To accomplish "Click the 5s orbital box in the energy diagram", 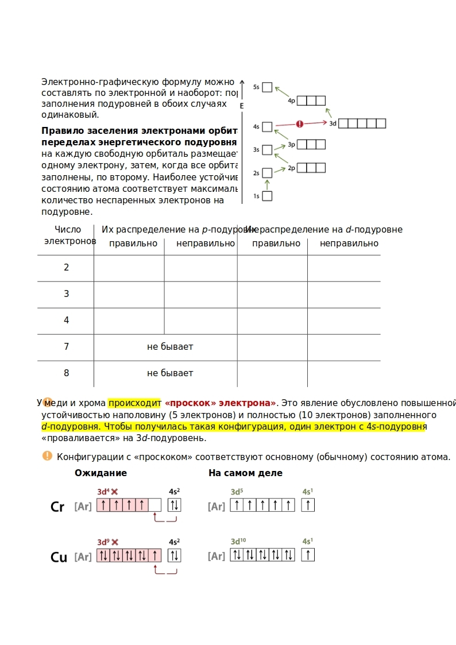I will [267, 87].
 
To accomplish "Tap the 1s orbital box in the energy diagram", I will [267, 196].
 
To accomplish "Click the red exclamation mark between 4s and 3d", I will [299, 124].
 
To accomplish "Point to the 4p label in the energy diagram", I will [292, 101].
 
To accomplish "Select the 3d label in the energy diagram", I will [333, 123].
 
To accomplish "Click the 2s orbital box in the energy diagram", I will [267, 173].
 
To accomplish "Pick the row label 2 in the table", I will [66, 268].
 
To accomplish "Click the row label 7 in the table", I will [66, 347].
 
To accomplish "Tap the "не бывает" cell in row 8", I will [170, 373].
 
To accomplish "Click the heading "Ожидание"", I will [101, 473].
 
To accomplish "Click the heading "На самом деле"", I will [245, 473].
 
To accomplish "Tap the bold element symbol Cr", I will [57, 507].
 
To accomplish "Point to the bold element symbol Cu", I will [59, 558].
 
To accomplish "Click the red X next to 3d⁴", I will [115, 492].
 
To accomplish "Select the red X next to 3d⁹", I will [115, 542].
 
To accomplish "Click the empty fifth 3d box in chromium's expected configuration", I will [154, 505].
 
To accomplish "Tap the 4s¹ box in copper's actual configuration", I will [308, 555].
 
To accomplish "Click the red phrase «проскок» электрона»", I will [221, 403].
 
